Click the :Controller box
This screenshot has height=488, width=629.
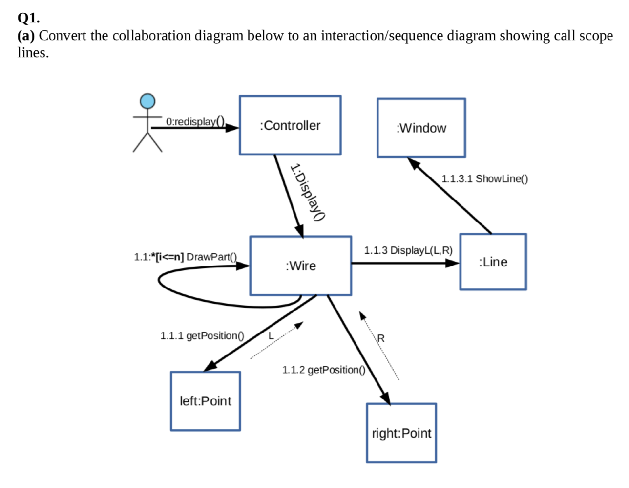click(290, 126)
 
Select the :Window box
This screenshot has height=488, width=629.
click(421, 128)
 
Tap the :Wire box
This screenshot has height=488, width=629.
click(300, 266)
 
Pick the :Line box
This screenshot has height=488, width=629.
click(493, 262)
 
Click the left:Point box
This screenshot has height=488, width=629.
click(205, 401)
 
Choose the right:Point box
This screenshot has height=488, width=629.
click(401, 433)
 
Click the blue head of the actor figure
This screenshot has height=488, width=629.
click(147, 101)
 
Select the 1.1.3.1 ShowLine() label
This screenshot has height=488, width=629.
click(484, 179)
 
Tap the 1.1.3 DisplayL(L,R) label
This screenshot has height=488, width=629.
click(408, 250)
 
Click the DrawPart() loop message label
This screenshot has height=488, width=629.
click(186, 257)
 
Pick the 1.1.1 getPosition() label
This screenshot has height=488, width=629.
click(202, 336)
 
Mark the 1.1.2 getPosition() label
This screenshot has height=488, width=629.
click(323, 370)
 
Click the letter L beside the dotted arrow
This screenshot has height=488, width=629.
click(271, 336)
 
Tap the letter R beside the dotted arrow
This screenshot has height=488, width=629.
click(381, 338)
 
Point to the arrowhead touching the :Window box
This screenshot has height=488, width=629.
click(414, 163)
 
